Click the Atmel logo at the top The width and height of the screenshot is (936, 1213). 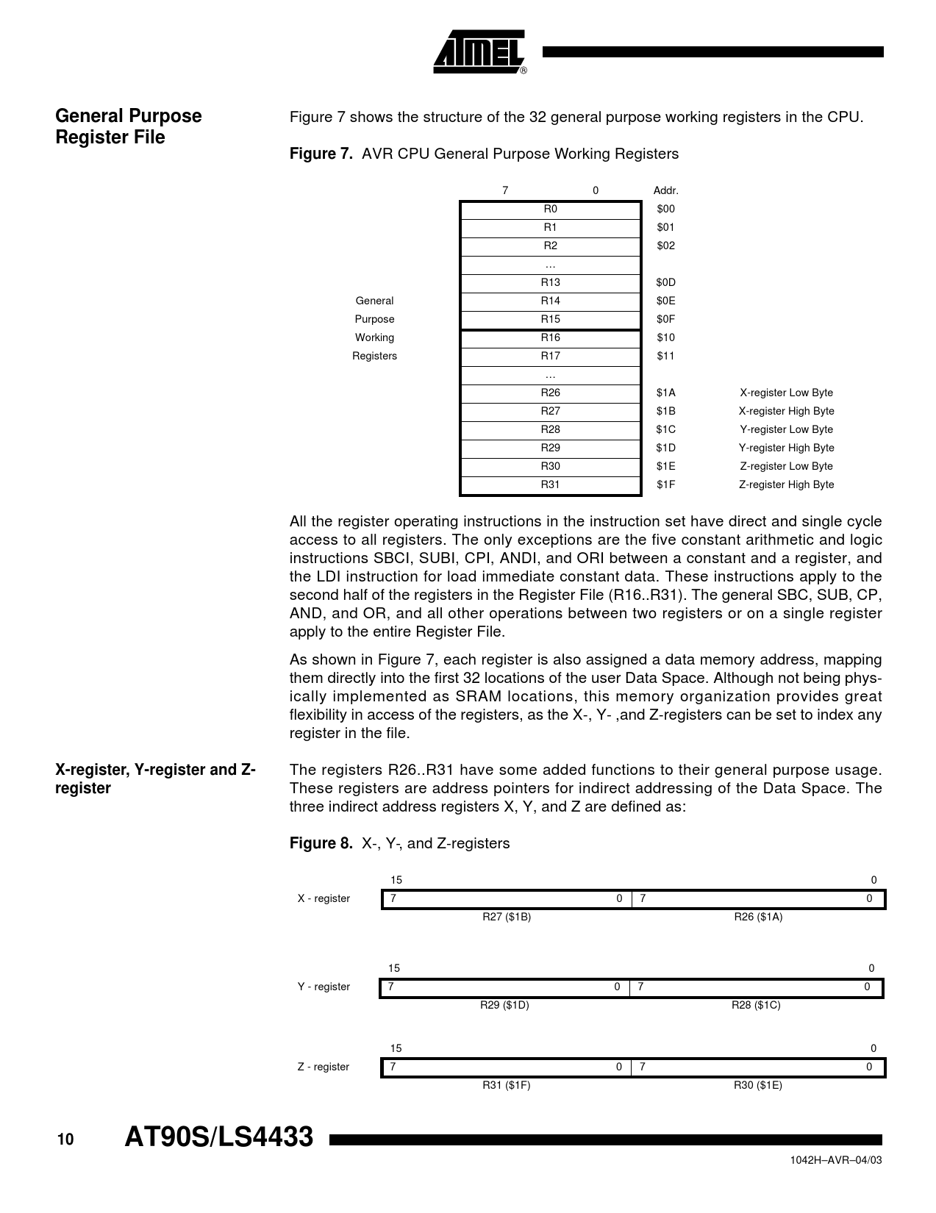pos(479,52)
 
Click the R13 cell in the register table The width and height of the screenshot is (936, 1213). pos(550,283)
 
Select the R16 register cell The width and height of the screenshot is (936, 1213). pos(550,338)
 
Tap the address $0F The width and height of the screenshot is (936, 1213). pos(665,320)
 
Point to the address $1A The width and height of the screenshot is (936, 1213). pos(665,393)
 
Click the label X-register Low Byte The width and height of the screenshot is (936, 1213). pos(786,393)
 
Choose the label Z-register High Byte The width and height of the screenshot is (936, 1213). pos(786,485)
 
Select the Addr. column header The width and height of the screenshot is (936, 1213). pos(665,191)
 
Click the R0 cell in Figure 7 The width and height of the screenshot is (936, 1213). pos(550,210)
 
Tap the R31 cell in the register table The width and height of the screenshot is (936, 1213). pos(550,485)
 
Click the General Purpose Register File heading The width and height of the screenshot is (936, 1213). pos(129,126)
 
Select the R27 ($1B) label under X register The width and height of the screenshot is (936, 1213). pos(507,917)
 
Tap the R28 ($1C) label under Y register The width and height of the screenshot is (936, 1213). pos(756,1006)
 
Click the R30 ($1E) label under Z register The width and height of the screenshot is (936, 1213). pos(758,1086)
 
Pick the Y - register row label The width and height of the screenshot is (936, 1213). pos(324,987)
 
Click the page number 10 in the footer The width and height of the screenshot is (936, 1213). pos(65,1140)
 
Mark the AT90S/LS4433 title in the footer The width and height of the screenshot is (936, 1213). pos(219,1138)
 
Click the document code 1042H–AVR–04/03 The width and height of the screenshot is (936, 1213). pos(835,1160)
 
